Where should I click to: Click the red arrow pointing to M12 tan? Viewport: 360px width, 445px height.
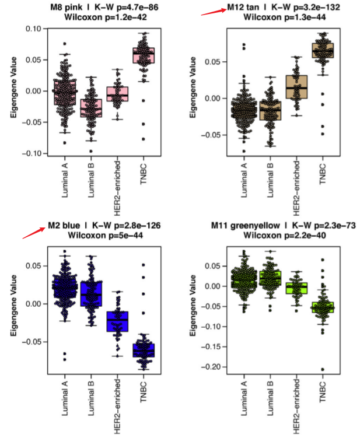[213, 10]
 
